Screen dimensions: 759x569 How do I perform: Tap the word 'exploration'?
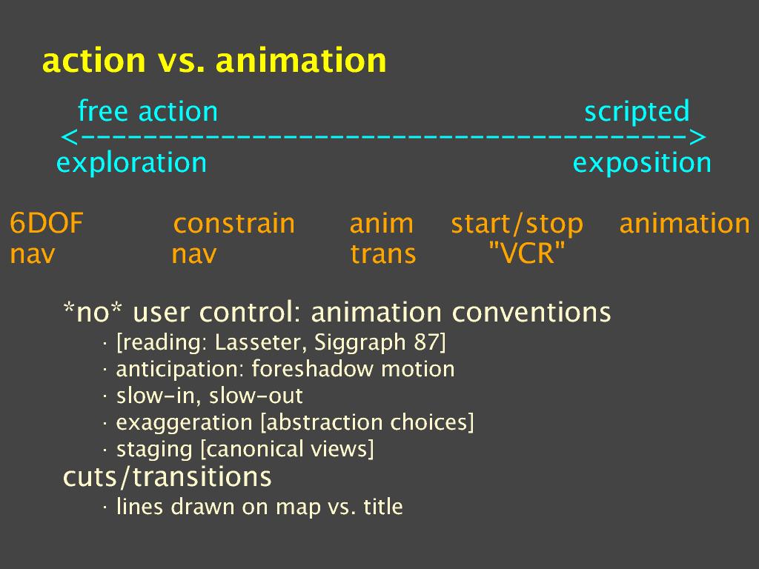(132, 163)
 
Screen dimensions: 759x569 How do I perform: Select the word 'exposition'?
(642, 163)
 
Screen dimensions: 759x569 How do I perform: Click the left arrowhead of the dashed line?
(70, 137)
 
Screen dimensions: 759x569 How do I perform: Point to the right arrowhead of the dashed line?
(697, 137)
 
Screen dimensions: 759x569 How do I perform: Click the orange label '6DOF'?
(47, 224)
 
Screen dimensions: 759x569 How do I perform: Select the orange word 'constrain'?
(233, 224)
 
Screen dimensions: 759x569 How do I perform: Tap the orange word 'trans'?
(383, 254)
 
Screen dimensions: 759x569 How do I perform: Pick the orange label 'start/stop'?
(517, 224)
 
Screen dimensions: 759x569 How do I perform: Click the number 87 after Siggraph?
(425, 342)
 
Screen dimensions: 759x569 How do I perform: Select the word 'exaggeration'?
(184, 423)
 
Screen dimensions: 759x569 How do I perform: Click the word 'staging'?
(154, 450)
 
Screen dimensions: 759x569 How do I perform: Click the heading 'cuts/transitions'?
(167, 477)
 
